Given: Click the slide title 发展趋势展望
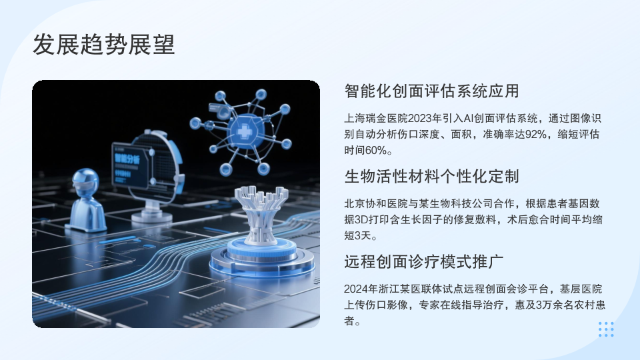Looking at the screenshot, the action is tap(104, 45).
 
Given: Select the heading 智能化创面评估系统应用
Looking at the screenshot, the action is tap(431, 91).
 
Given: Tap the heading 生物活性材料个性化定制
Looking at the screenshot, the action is tap(431, 176).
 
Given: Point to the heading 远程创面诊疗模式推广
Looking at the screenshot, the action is tap(424, 261).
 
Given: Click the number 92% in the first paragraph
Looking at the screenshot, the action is tap(536, 134).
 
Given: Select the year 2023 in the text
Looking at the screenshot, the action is tap(419, 119).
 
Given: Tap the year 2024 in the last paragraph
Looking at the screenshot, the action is tap(355, 289).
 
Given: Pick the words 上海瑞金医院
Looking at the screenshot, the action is tap(376, 119).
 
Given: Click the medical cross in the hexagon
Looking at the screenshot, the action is tap(245, 131).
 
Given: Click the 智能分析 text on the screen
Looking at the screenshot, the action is tap(127, 159).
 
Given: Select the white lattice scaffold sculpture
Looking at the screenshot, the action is tap(261, 214).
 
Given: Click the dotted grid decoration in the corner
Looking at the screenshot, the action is tap(606, 329).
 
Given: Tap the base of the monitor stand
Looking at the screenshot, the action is tap(151, 215).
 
